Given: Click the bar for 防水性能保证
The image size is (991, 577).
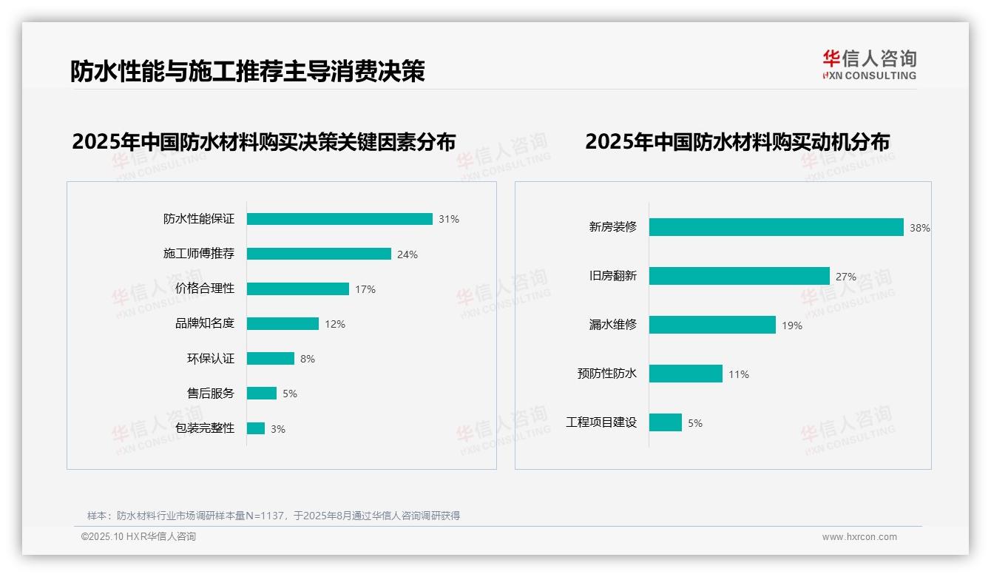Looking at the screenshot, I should (339, 219).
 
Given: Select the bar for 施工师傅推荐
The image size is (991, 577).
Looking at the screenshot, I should (319, 254).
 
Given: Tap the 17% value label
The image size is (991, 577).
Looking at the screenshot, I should (365, 289).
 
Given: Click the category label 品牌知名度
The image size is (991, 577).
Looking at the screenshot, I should (205, 324).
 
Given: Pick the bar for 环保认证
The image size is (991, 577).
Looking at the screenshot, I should (271, 359).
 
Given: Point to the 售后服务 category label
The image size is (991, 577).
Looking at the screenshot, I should (211, 394).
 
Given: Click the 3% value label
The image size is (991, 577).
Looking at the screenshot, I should (278, 429).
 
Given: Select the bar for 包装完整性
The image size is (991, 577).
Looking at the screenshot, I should (256, 428).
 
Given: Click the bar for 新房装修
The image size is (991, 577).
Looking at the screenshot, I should (776, 227).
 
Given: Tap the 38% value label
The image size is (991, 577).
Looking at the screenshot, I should (920, 229).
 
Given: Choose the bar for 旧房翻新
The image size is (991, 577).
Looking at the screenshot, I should (739, 276).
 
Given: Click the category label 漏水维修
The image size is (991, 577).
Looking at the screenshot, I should (613, 325).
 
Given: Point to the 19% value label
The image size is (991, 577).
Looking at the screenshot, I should (792, 325).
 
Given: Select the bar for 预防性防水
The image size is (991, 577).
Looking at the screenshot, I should (686, 374).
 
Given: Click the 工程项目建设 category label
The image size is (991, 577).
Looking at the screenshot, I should (601, 422).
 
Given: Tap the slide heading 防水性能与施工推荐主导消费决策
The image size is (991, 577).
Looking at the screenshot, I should (248, 71).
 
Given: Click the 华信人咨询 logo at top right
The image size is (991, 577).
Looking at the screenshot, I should (870, 65).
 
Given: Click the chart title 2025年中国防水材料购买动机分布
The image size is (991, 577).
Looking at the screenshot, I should (737, 141).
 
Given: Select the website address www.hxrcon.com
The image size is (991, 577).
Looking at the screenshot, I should (859, 537).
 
